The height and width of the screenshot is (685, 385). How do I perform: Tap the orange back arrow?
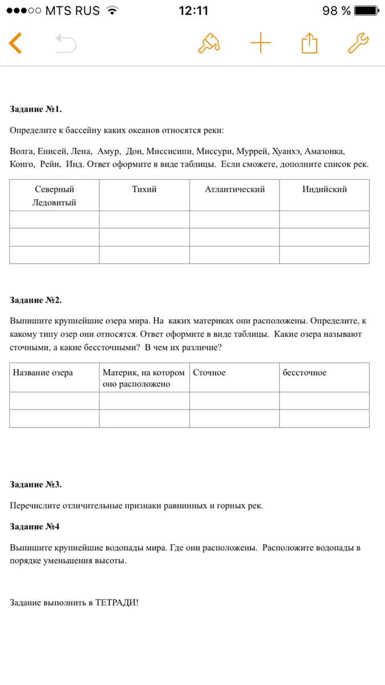[x=15, y=43]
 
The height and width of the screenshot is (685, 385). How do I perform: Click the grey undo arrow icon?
[x=66, y=43]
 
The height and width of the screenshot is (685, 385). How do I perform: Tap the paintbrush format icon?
[x=209, y=43]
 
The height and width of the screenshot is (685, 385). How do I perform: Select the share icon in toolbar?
[x=309, y=43]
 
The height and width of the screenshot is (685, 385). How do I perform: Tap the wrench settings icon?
[x=358, y=43]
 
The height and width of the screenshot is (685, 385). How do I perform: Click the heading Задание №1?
[x=35, y=109]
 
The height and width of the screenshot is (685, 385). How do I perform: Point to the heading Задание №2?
[x=35, y=300]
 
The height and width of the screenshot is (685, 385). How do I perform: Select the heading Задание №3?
[x=35, y=485]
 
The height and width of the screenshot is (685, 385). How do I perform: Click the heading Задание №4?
[x=34, y=526]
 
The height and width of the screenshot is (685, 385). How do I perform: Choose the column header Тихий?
[x=144, y=190]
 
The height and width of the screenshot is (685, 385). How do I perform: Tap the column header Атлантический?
[x=234, y=190]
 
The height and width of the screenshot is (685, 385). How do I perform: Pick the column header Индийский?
[x=324, y=190]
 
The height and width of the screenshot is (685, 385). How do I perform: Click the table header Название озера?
[x=43, y=373]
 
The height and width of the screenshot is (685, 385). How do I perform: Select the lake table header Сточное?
[x=209, y=373]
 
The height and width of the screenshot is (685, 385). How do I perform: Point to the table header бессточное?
[x=305, y=373]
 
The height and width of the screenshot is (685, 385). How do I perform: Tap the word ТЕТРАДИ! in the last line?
[x=117, y=603]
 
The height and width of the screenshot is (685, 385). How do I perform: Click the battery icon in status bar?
[x=365, y=11]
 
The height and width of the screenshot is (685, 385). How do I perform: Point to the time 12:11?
[x=193, y=11]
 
